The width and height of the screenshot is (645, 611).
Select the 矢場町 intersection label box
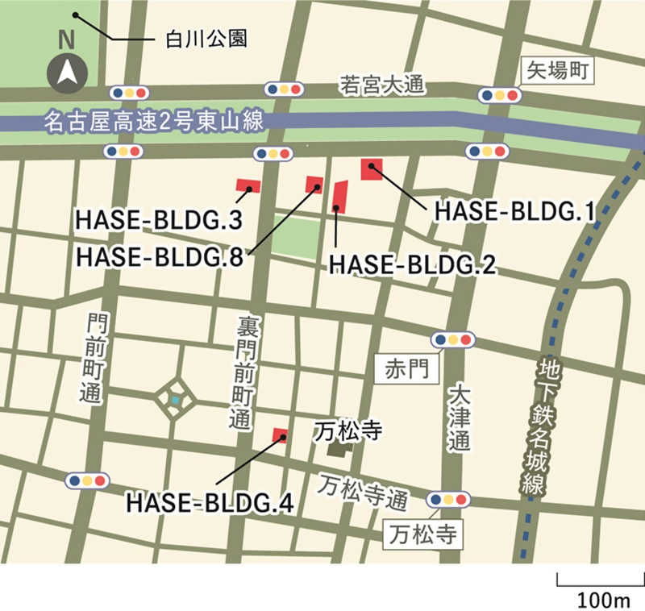coord(559,70)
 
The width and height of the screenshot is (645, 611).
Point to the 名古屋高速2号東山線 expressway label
coord(153,123)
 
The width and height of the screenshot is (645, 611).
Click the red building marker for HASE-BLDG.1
coord(372,169)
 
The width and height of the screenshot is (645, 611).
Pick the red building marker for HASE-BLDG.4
coord(281,435)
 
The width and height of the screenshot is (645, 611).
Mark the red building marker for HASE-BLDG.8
coord(315,185)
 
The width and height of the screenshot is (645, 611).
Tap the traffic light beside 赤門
coord(451,339)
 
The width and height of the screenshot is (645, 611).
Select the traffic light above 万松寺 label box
coord(450,499)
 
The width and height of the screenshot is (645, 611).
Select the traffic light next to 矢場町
coord(497,95)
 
